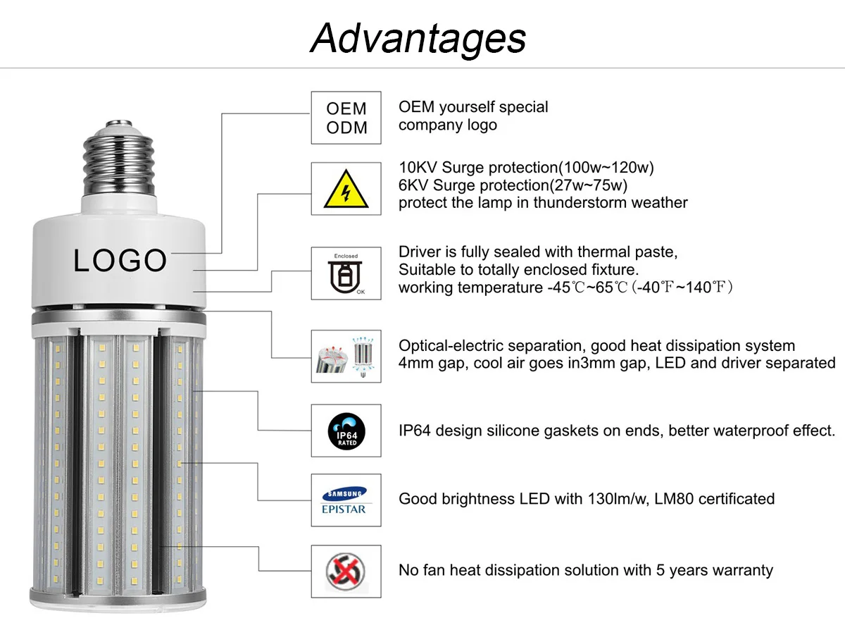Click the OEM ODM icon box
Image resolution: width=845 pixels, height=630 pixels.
346,118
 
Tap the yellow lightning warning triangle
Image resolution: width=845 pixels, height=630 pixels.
346,189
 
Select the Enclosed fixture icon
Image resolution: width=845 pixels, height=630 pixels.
346,273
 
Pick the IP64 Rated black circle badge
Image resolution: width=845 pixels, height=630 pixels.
346,431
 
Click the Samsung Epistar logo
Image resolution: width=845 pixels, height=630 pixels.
346,500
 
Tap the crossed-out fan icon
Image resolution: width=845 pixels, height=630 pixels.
346,569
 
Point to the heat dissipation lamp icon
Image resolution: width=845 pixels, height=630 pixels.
346,356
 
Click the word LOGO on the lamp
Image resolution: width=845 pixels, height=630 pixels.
120,261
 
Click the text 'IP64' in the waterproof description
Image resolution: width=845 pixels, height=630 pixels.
415,430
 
